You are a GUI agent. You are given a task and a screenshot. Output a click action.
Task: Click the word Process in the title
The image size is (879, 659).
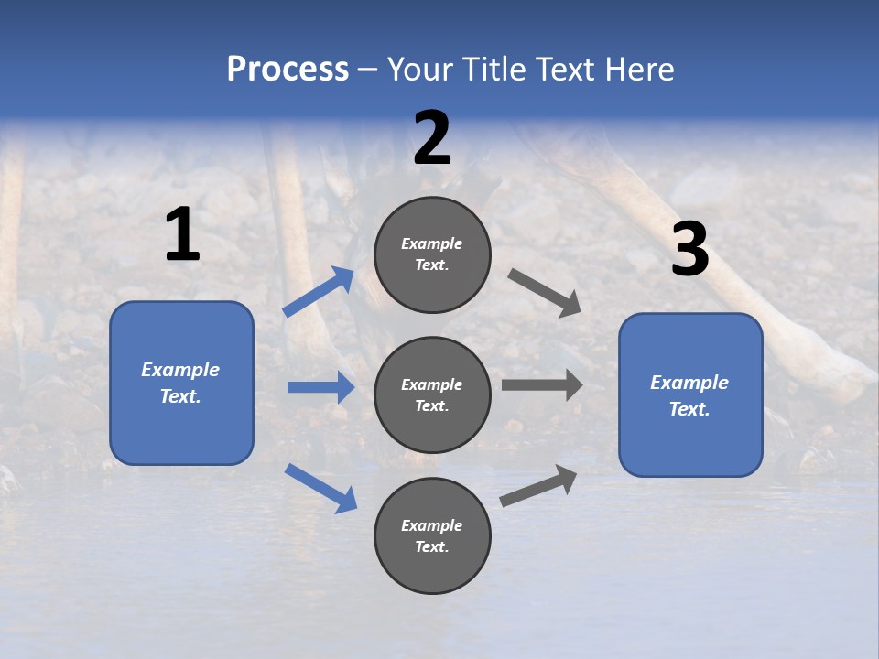tap(288, 69)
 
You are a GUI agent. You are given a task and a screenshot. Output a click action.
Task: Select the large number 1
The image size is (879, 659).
tap(183, 233)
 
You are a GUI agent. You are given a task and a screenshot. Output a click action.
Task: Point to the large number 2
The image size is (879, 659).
tap(431, 138)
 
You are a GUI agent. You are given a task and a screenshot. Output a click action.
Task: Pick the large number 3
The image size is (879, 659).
tap(690, 248)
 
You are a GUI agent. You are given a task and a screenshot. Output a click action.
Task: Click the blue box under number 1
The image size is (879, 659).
tap(181, 384)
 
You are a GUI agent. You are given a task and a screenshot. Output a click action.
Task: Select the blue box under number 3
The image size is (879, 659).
tap(690, 395)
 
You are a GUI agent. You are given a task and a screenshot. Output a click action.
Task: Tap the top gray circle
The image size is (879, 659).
tap(432, 254)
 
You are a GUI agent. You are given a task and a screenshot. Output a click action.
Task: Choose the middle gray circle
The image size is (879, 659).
tap(432, 395)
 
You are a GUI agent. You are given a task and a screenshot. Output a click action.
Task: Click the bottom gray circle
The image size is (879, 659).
tap(432, 535)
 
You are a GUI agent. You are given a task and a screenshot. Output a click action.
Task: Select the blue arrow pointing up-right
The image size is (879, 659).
tap(318, 291)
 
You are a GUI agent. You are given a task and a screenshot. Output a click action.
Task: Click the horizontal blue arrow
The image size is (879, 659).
tap(321, 387)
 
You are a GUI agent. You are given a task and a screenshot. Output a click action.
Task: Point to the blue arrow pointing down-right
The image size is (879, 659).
tap(320, 489)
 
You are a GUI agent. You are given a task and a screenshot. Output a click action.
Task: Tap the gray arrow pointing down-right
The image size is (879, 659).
tap(544, 293)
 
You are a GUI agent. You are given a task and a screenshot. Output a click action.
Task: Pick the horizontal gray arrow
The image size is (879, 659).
tap(542, 385)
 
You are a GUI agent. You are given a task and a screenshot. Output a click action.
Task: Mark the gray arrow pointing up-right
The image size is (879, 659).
tap(538, 486)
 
